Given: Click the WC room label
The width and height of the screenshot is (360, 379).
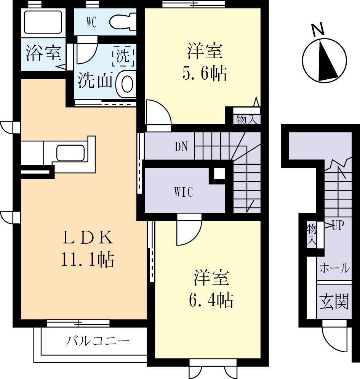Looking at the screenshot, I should (91, 22).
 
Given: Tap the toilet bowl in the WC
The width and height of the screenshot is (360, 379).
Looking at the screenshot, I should (123, 22).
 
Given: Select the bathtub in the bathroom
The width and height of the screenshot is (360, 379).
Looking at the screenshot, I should (43, 22).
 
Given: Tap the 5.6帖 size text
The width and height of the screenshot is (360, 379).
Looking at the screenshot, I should (205, 73).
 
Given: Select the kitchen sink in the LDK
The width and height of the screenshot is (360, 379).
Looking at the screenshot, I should (71, 153).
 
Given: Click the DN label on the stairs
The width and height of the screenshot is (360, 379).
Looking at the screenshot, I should (182, 147).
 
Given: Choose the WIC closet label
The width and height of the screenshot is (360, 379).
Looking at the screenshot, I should (184, 192).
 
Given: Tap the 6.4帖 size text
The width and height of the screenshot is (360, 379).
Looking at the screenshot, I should (211, 301).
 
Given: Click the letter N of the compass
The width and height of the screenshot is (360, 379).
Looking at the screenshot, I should (317, 30).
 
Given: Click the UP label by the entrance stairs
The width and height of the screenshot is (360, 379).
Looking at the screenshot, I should (338, 226).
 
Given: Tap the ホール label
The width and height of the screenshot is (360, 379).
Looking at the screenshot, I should (334, 268).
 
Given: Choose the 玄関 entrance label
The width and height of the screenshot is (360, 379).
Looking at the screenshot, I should (334, 302).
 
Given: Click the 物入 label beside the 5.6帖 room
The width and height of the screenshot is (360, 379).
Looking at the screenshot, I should (246, 119).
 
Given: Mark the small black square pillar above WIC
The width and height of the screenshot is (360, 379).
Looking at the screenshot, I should (219, 174).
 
